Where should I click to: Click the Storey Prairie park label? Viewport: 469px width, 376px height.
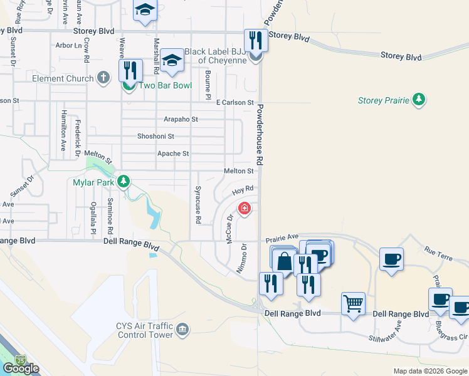click(x=382, y=100)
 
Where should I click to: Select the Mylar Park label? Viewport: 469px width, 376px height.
click(x=93, y=182)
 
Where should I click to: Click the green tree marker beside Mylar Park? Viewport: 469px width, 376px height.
click(x=124, y=182)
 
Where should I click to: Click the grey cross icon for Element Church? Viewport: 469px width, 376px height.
click(x=103, y=78)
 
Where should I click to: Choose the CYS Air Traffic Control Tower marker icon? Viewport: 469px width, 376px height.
click(x=182, y=329)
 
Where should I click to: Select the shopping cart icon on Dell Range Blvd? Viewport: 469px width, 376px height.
click(x=353, y=303)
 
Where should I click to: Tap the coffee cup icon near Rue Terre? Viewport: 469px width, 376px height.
click(x=391, y=258)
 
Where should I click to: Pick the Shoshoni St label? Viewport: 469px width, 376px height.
click(x=155, y=136)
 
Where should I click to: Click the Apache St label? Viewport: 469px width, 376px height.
click(x=172, y=154)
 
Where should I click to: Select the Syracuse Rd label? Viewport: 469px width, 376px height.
click(x=198, y=205)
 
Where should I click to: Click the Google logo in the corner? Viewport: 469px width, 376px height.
click(x=21, y=368)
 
